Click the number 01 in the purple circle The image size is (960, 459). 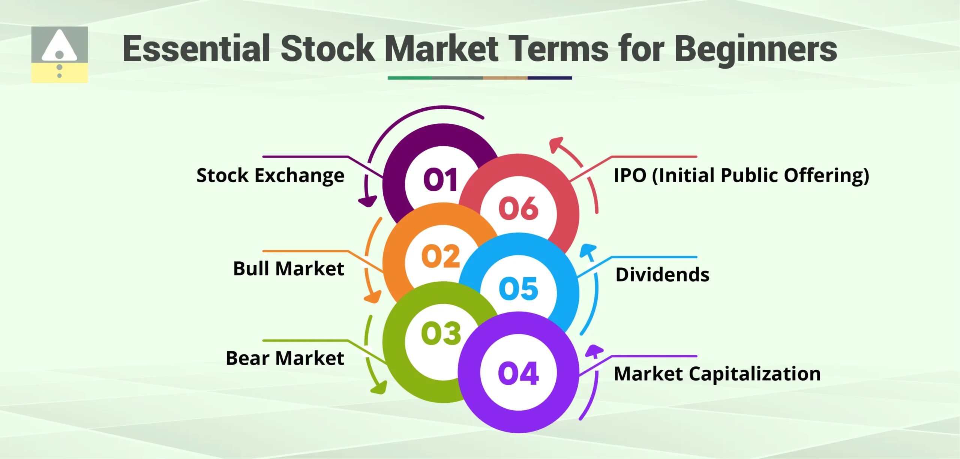click(x=441, y=180)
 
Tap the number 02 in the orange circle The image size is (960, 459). click(x=441, y=256)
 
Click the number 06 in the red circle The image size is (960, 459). click(x=518, y=208)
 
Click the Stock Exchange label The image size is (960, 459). click(x=270, y=175)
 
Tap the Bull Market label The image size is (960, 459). click(x=288, y=268)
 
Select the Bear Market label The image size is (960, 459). click(x=285, y=358)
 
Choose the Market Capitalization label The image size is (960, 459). click(x=717, y=374)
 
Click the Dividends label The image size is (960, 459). click(x=662, y=274)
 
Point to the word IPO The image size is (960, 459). click(x=630, y=175)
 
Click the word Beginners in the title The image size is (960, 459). click(x=756, y=49)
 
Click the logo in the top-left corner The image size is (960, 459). click(x=59, y=54)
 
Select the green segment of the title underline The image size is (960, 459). click(x=409, y=78)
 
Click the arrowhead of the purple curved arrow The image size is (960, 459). click(x=368, y=202)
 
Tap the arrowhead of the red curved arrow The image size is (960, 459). click(x=556, y=144)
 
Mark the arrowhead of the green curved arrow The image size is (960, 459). click(x=379, y=388)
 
